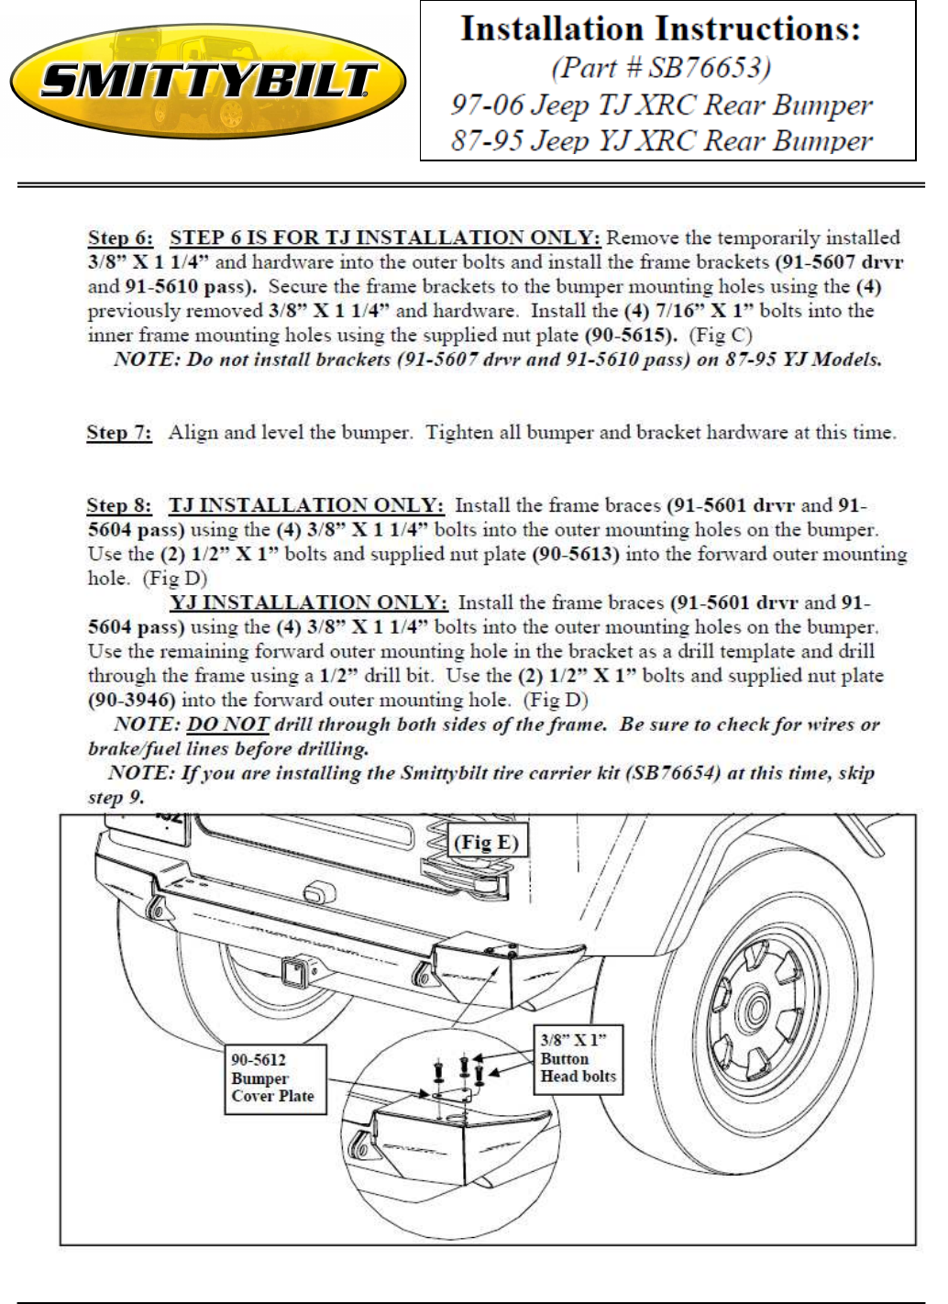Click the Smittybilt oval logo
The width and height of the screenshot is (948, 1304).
click(x=208, y=82)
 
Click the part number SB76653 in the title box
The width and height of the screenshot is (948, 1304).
click(x=710, y=68)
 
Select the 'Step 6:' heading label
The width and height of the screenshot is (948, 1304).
click(x=120, y=238)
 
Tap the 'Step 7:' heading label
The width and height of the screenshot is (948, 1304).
click(x=119, y=433)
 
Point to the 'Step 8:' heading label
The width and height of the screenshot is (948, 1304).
click(x=119, y=505)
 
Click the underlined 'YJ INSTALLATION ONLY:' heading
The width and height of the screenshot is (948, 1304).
click(x=309, y=602)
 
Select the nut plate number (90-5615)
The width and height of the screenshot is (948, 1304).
click(x=631, y=336)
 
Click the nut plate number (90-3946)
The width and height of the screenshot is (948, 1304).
click(x=131, y=700)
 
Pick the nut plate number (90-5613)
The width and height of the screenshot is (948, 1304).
click(x=576, y=554)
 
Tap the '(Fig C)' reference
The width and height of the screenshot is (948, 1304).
click(x=721, y=336)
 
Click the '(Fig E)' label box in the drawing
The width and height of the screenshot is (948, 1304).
click(x=487, y=843)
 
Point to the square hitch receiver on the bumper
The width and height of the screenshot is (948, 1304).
click(x=294, y=973)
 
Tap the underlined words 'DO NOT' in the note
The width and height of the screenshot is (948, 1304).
click(x=227, y=724)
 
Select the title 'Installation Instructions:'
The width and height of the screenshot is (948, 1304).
click(x=660, y=29)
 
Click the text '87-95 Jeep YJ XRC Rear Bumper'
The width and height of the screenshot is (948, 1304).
click(x=662, y=140)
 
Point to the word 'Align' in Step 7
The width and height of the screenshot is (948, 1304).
click(x=193, y=433)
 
